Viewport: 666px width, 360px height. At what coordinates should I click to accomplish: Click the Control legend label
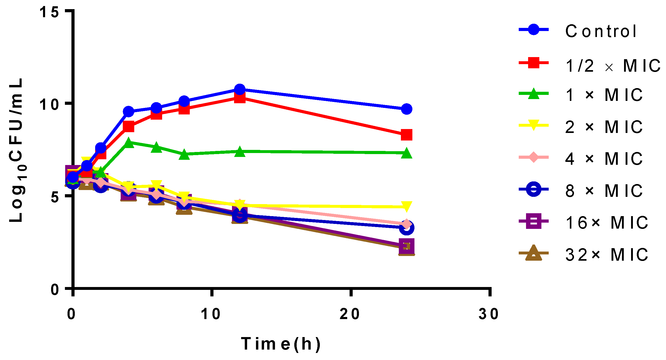[601, 31]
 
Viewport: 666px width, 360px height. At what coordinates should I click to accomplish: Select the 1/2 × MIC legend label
[613, 66]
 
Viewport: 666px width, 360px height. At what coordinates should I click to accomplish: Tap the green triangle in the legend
[533, 94]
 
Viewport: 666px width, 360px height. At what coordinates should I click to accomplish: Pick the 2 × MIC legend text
[604, 127]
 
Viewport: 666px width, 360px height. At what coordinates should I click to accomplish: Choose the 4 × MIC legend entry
[604, 159]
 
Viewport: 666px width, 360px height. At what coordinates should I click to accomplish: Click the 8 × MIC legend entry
[604, 191]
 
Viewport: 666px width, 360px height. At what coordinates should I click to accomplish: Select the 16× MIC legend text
[606, 223]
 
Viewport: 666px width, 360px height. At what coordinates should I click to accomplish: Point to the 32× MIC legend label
[606, 255]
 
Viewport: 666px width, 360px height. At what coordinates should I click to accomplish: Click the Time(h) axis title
[281, 344]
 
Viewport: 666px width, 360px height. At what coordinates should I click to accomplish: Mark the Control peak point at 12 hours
[240, 89]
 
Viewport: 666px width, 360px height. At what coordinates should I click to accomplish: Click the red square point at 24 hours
[406, 135]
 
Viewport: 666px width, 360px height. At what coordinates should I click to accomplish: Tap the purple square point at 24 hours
[406, 246]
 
